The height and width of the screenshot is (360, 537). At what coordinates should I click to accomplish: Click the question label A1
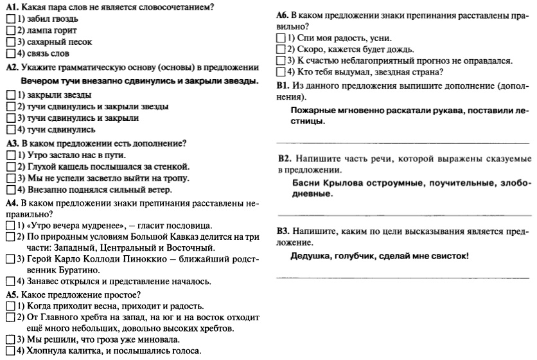(x=11, y=7)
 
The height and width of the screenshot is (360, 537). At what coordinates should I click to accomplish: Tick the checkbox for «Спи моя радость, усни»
(x=280, y=38)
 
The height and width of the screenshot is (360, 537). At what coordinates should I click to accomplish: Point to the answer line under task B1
(x=403, y=142)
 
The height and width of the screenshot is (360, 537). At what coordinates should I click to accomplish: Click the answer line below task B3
(x=403, y=277)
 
